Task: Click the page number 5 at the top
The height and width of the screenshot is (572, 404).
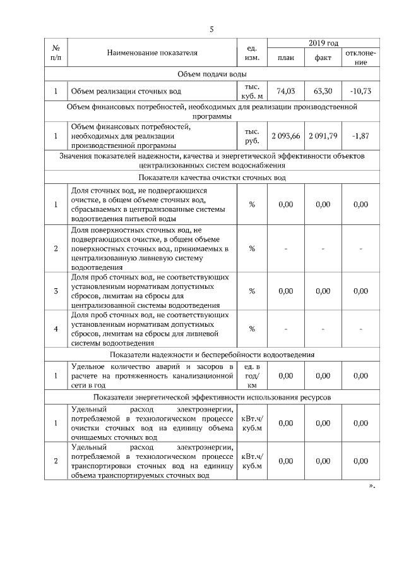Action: [x=212, y=29]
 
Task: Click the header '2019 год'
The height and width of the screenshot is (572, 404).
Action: [x=323, y=42]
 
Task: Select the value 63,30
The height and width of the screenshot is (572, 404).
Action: [x=323, y=91]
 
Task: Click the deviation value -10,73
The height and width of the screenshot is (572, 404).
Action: [x=360, y=91]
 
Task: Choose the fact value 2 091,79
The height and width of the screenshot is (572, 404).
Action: [x=323, y=136]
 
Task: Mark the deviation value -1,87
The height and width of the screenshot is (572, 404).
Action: [x=360, y=136]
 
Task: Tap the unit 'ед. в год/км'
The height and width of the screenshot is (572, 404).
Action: [x=251, y=375]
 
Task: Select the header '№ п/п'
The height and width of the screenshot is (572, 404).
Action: [x=56, y=52]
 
